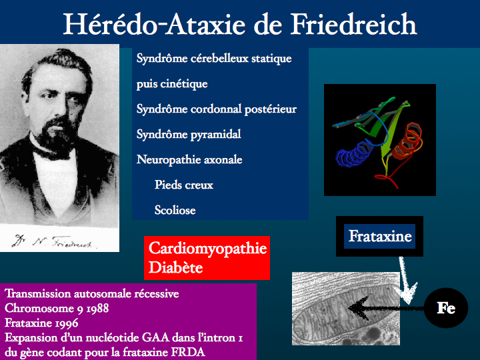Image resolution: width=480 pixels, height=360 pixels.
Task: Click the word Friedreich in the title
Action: click(x=353, y=24)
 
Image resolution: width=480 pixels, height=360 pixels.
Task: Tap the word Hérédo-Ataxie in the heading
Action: click(x=154, y=24)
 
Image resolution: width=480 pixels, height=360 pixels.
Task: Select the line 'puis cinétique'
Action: click(x=172, y=83)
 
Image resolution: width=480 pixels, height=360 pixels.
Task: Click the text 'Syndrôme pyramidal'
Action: click(x=189, y=135)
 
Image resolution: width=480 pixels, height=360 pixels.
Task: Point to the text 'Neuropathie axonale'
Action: click(x=189, y=159)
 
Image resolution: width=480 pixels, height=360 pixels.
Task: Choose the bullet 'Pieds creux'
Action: click(x=184, y=185)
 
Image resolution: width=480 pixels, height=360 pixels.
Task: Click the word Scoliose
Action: click(x=175, y=210)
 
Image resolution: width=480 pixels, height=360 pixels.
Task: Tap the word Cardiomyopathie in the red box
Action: click(x=207, y=248)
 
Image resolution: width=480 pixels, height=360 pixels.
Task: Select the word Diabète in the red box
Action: click(x=176, y=267)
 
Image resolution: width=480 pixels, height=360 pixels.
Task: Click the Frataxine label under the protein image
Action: click(x=380, y=236)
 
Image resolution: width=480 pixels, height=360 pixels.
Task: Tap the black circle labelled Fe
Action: click(x=446, y=308)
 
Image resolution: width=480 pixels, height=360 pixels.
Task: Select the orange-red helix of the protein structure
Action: click(x=407, y=141)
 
